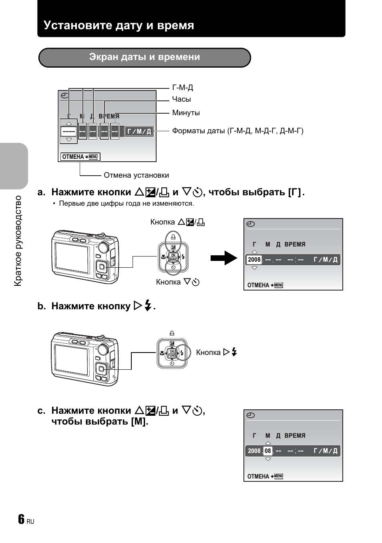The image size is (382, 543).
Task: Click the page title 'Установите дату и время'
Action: (x=119, y=25)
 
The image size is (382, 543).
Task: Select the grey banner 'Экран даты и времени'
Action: (x=145, y=58)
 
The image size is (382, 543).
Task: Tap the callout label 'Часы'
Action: (x=181, y=99)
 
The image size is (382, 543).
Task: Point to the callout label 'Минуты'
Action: (x=186, y=113)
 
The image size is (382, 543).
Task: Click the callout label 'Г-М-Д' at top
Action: (x=183, y=87)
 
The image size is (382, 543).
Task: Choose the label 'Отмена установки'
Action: (x=136, y=175)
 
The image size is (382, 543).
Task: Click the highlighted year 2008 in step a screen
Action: (x=254, y=260)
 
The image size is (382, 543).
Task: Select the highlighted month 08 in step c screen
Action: (x=267, y=451)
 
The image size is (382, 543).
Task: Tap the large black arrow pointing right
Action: (x=224, y=258)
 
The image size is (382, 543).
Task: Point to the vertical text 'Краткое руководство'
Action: (x=18, y=241)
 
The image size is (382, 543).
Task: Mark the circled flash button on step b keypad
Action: (x=182, y=353)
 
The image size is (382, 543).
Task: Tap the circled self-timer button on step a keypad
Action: (x=173, y=267)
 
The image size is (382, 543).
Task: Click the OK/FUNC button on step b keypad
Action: (x=172, y=353)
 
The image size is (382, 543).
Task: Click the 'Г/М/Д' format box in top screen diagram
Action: (x=139, y=131)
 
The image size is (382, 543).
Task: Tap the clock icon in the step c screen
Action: (x=251, y=415)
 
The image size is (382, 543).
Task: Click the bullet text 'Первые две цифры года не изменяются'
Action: (x=127, y=203)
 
